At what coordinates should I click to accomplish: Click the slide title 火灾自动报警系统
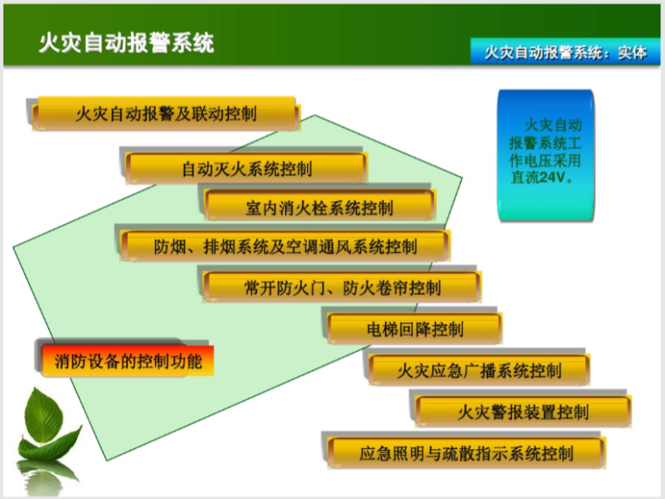point(126,43)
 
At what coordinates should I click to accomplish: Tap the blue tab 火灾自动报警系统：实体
point(566,53)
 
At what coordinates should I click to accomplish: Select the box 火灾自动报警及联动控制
point(165,114)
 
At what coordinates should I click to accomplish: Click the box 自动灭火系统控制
point(246,168)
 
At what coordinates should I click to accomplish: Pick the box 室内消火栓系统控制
point(319,207)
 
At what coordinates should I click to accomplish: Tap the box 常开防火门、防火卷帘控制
point(342,287)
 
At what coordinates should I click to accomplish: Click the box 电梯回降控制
point(415,329)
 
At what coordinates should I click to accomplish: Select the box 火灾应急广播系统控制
point(479,369)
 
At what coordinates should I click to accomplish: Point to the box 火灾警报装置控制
point(522,411)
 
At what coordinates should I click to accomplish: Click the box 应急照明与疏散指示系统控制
point(466,453)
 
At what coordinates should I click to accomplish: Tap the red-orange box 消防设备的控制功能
point(128,360)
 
